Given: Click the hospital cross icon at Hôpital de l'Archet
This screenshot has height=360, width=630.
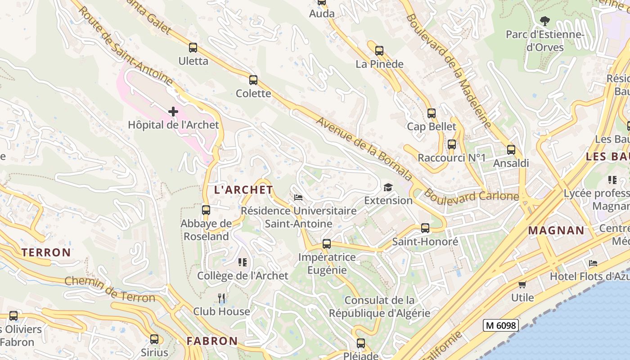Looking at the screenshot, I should (x=173, y=112).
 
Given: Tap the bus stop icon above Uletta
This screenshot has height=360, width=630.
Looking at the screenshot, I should (x=193, y=47).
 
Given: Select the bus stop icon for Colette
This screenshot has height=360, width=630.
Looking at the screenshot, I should (x=253, y=80).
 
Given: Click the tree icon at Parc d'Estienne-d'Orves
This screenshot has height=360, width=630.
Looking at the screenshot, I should (x=544, y=21).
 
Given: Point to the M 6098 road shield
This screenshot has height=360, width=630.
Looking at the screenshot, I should (x=501, y=325).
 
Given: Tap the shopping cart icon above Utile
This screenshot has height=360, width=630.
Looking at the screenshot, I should (x=522, y=284).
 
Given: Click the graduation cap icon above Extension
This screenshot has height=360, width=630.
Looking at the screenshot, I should (x=388, y=187).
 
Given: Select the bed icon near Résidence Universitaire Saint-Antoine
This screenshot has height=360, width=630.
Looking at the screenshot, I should (x=298, y=197).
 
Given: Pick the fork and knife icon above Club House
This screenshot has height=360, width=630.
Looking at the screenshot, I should (x=221, y=298).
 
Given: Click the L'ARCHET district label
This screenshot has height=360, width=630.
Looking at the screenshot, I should (x=243, y=190).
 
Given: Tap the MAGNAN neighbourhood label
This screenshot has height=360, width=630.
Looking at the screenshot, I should (x=556, y=230).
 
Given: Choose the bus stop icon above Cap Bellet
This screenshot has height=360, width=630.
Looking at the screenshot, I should (x=432, y=113).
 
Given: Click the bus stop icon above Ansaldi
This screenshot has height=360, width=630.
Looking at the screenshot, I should (x=511, y=149).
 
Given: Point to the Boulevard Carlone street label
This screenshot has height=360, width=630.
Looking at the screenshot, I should (x=472, y=196).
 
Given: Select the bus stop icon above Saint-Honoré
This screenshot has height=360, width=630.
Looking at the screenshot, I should (x=425, y=228).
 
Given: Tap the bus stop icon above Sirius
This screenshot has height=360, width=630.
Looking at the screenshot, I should (x=154, y=339).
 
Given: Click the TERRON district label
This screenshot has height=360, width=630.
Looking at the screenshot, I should (x=46, y=252).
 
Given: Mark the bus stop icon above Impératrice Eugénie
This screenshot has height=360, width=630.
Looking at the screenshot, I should (x=327, y=244).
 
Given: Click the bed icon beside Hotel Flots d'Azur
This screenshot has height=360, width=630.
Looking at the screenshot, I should (x=593, y=263).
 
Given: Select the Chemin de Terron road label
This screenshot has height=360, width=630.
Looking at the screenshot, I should (x=110, y=289).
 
